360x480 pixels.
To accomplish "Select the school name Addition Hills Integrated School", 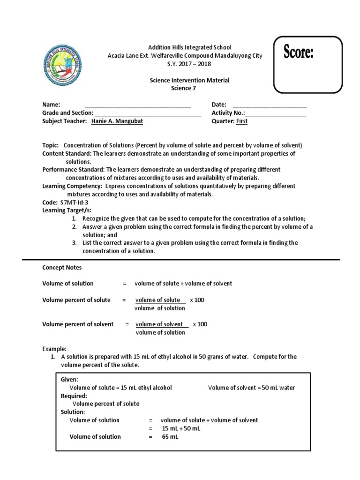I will [x=190, y=47].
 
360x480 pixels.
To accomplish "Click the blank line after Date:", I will [x=270, y=105].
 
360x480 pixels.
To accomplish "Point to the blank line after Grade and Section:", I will [x=148, y=113].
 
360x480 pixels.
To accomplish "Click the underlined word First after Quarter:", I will [x=242, y=121].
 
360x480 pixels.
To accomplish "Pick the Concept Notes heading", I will [x=62, y=267].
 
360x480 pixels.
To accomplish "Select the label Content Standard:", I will [x=67, y=153].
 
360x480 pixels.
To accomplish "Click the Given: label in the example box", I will [x=69, y=379].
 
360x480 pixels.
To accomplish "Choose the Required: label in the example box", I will [x=74, y=396].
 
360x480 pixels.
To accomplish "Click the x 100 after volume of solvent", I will [x=200, y=324].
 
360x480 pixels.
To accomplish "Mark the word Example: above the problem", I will [x=55, y=349].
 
